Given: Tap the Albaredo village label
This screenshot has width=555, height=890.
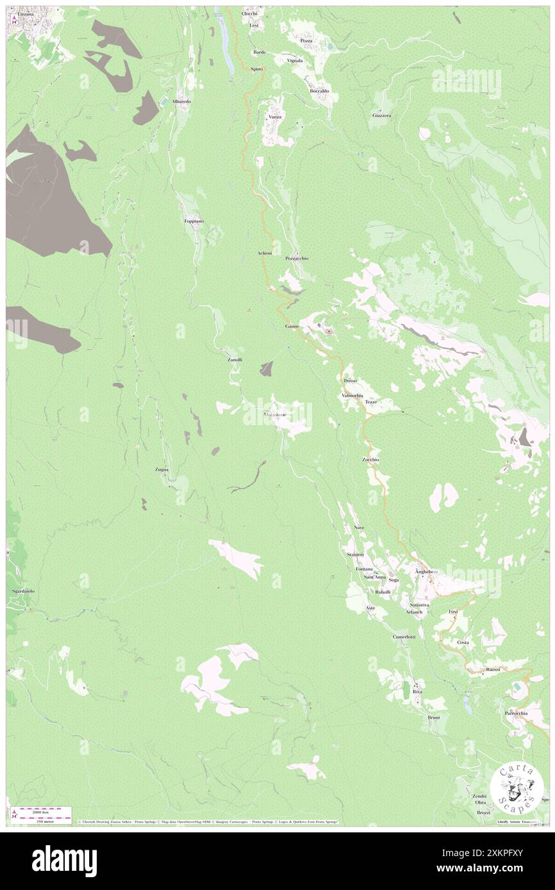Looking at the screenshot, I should (x=181, y=102).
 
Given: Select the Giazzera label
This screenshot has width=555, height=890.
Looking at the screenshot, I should (x=381, y=115).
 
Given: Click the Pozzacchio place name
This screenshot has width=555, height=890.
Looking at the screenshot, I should (x=297, y=258).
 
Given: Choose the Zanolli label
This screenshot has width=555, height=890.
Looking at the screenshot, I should (x=235, y=360).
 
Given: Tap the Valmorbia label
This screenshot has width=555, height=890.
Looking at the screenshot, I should (x=352, y=396).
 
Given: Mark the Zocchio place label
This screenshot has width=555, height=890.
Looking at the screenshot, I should (x=370, y=460).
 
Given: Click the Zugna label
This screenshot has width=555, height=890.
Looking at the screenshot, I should (x=162, y=469).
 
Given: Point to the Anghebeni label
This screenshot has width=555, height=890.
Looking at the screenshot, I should (x=426, y=571).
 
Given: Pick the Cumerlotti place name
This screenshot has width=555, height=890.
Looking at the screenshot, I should (x=404, y=637).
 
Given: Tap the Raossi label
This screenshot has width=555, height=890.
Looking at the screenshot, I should (x=493, y=669).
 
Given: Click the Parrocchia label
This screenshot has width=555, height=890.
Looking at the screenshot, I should (x=516, y=713).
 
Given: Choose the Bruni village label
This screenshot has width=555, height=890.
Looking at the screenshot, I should (x=434, y=717).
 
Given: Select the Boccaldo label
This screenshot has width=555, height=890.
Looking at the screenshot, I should (x=319, y=91).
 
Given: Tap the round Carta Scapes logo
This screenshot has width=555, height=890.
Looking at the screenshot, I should (x=516, y=786).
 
